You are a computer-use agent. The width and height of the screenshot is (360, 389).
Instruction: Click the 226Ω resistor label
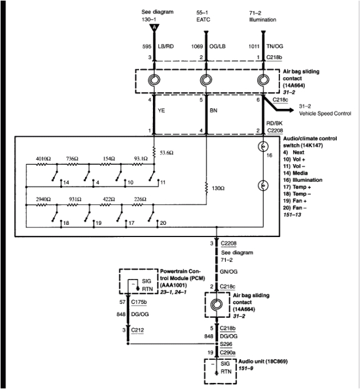pyautogui.click(x=140, y=199)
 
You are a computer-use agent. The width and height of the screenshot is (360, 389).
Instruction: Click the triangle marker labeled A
pyautogui.click(x=154, y=27)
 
